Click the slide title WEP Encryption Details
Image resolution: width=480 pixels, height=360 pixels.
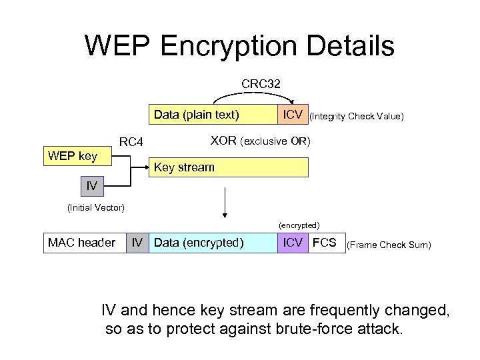pos(239,46)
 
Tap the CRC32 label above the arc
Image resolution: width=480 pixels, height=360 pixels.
pos(261,84)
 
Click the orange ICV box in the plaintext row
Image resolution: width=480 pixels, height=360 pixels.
pos(293,115)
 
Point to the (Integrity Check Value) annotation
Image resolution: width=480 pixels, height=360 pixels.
pos(357,116)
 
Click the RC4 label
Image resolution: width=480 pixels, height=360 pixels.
pos(131,142)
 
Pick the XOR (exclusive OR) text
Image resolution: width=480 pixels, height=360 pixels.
pos(260,141)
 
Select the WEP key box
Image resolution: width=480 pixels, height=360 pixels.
pos(73,157)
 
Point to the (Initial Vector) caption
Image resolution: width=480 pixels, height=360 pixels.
pos(96,207)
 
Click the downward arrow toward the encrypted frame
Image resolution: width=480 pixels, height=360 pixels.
pos(225,203)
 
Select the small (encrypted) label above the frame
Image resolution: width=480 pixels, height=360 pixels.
pos(299,226)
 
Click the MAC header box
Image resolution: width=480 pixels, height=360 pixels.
pos(81,243)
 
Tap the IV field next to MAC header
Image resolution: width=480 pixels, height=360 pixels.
pos(137,243)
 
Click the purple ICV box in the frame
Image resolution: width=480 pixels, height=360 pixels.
pos(293,243)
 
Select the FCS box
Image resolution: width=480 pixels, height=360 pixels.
pos(325,243)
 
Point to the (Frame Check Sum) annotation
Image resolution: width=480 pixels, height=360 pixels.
pos(389,245)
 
